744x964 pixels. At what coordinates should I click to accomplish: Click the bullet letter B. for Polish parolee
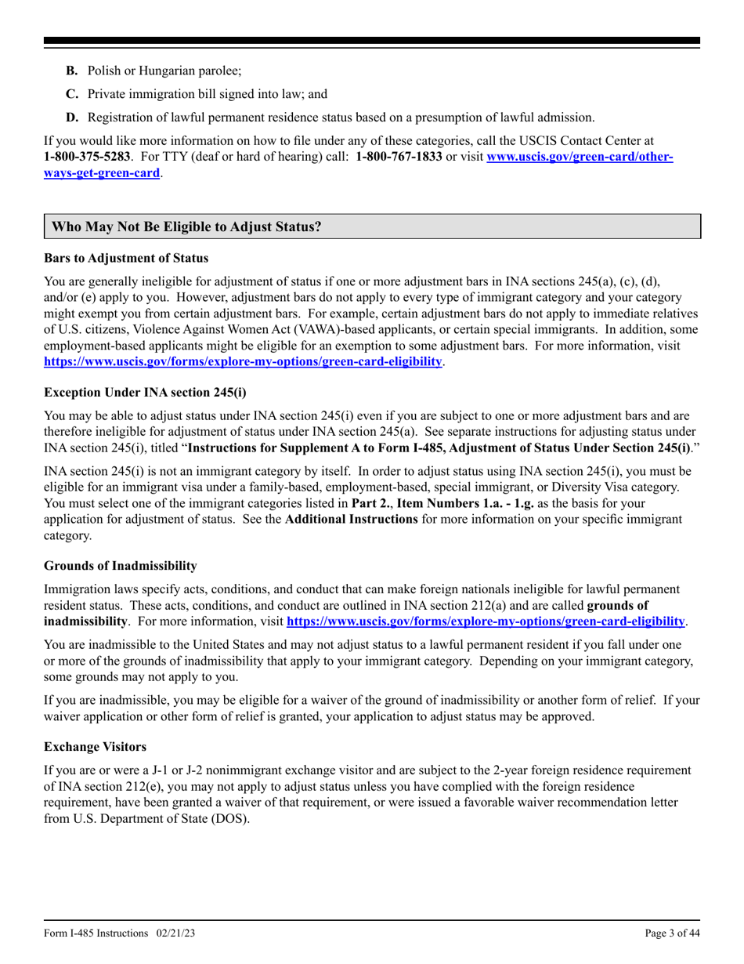point(72,71)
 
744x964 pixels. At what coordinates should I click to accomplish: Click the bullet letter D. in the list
point(72,118)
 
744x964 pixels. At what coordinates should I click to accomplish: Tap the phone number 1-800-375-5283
point(86,156)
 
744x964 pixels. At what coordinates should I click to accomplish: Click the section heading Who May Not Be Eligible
point(186,227)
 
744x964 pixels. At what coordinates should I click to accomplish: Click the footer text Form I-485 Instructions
point(96,933)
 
